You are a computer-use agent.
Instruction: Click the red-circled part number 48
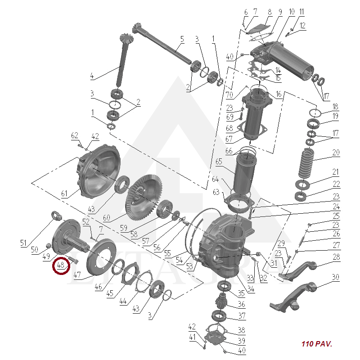61,265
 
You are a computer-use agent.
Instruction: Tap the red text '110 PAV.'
317,344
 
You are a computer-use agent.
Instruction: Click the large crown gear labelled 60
144,198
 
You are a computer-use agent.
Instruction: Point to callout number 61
64,193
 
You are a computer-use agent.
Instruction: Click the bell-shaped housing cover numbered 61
99,171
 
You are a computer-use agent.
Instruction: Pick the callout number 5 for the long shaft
182,39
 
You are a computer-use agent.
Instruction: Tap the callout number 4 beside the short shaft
92,76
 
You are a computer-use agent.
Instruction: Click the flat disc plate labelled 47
99,257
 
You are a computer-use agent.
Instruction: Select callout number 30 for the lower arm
335,277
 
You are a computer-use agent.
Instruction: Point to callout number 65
219,162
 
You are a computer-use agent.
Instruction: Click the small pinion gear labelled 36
221,300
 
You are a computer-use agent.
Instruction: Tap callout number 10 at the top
291,12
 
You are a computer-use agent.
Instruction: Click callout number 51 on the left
23,243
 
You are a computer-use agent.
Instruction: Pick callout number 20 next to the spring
335,153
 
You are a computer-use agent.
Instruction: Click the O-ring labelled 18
315,113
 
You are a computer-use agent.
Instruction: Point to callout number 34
251,289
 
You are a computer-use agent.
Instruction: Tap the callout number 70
229,94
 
